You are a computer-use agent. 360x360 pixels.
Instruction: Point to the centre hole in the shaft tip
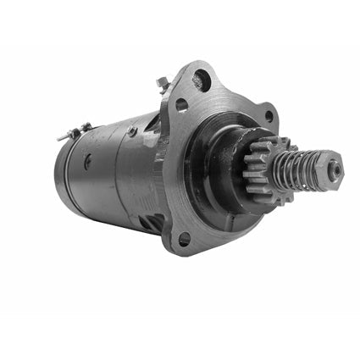coord(336,168)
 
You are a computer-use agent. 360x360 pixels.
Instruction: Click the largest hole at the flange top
coord(202,81)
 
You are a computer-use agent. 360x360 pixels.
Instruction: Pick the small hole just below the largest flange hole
coord(181,105)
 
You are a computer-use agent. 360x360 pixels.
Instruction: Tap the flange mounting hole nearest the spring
coord(269,116)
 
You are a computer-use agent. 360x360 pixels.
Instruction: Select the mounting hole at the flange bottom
coord(184,239)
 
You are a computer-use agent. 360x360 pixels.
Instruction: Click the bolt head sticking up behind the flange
coord(163,83)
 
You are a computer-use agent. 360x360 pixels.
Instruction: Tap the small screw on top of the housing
coord(132,131)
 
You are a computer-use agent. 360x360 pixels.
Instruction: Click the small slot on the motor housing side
coord(86,161)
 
